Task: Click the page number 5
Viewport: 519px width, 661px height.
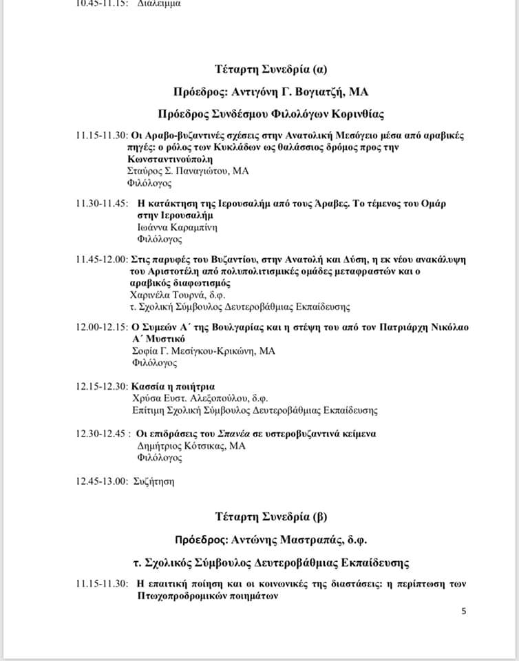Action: coord(464,611)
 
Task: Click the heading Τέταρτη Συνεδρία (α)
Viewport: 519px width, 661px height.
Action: coord(271,69)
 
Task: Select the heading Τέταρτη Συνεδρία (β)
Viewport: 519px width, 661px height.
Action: coord(271,516)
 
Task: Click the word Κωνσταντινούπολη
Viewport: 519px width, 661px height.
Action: coord(172,160)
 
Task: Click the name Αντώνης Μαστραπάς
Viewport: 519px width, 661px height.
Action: coord(300,539)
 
